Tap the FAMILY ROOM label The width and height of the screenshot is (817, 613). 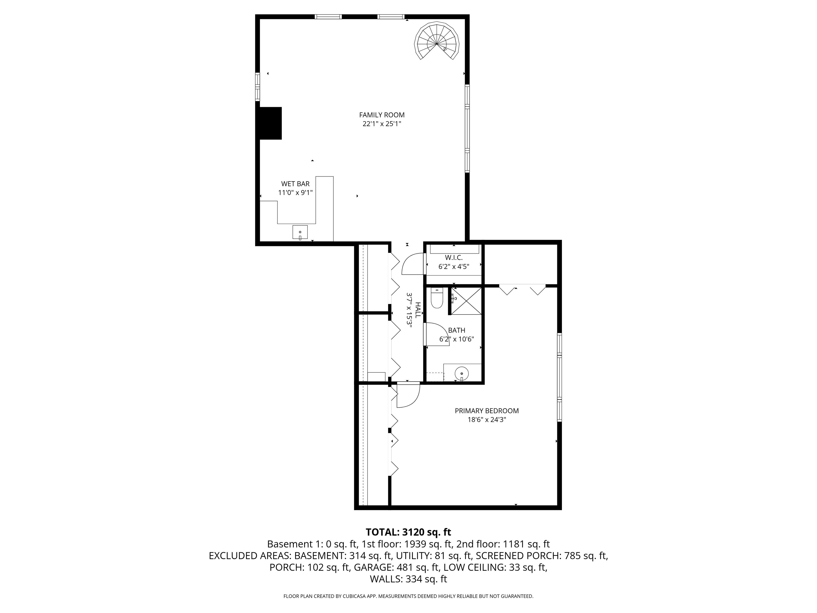(x=382, y=115)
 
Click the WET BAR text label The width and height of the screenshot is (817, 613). (x=295, y=184)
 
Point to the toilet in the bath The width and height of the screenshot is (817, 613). (x=437, y=298)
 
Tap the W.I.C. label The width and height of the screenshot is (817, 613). (x=453, y=258)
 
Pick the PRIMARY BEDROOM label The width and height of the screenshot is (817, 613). (x=486, y=411)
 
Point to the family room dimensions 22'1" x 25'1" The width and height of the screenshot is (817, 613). (x=382, y=124)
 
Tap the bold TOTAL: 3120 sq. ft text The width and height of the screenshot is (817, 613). (x=408, y=532)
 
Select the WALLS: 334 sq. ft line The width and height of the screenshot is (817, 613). (x=408, y=579)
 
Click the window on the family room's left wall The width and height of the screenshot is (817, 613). (x=257, y=86)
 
